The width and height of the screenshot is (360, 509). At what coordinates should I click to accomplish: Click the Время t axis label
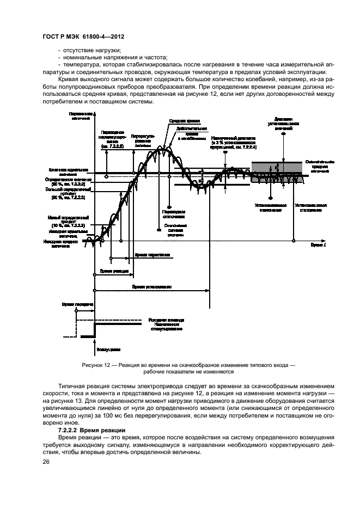[319, 246]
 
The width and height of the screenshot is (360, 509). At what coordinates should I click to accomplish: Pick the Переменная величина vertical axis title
[81, 115]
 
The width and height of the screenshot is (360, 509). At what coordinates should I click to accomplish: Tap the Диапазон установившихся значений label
[284, 123]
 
